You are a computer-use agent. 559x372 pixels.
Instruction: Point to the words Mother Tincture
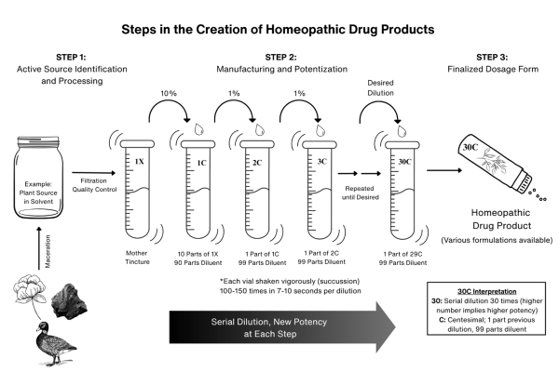tap(137, 257)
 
